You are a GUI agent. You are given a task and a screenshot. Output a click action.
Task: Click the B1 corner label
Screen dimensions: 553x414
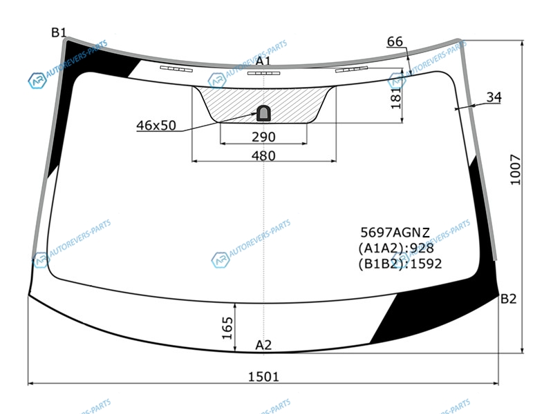(x=59, y=32)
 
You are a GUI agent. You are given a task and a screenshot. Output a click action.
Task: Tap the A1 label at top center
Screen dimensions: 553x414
(x=263, y=61)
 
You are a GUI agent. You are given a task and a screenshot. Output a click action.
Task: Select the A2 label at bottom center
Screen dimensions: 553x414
(x=263, y=345)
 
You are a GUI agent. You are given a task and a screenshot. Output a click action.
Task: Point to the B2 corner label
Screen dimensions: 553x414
(x=509, y=299)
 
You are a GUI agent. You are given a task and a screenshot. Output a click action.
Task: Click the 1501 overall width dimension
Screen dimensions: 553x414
(x=263, y=377)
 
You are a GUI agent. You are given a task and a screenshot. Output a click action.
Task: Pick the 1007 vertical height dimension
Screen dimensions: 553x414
(x=515, y=169)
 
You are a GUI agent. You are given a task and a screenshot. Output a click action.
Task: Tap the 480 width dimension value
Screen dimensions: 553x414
(x=263, y=156)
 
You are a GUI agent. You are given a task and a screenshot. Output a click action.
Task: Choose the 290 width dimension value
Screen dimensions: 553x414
(x=263, y=137)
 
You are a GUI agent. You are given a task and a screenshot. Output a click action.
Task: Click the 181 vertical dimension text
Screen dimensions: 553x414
(x=396, y=97)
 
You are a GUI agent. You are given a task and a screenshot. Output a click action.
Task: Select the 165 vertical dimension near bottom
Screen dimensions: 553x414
(x=227, y=328)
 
